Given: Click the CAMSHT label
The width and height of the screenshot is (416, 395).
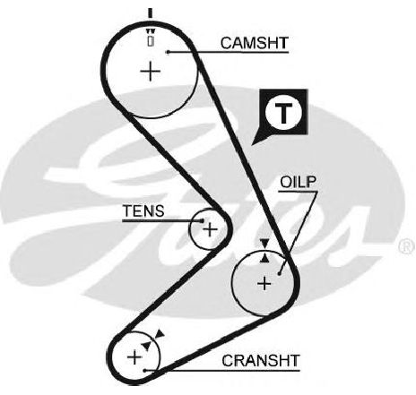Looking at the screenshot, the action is [x=255, y=43].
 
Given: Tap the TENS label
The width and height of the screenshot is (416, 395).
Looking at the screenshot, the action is [x=143, y=210].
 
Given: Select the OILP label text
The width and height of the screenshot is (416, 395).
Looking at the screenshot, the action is [x=298, y=182].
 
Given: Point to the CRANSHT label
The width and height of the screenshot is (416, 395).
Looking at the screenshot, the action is [x=261, y=360].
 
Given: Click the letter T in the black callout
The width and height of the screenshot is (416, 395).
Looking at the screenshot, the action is [x=284, y=113].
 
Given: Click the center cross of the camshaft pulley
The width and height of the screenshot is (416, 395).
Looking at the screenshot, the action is [x=151, y=71].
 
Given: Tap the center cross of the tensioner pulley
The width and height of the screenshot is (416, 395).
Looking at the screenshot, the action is [x=211, y=229].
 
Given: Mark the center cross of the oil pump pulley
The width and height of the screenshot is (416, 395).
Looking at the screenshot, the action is [x=264, y=283].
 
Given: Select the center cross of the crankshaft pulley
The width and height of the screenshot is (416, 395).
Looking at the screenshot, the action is [x=134, y=357].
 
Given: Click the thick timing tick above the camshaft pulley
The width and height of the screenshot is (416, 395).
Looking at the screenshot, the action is [x=151, y=13].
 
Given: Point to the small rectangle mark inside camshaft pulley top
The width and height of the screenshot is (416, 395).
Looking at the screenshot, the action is [x=151, y=40].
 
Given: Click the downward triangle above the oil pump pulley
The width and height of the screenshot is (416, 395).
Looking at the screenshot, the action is [x=264, y=244].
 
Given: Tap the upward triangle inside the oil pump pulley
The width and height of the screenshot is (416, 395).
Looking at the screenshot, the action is [x=264, y=258].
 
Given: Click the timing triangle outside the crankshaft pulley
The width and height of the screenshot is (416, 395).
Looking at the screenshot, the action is [x=160, y=334].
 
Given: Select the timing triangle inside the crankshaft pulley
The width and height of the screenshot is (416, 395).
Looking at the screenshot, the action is [x=146, y=346].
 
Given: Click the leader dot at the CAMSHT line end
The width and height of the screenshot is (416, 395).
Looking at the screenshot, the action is [x=169, y=52].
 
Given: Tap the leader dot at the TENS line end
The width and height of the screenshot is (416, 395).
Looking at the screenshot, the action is [x=203, y=221].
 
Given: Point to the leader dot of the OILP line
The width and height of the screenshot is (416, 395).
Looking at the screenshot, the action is [x=279, y=273].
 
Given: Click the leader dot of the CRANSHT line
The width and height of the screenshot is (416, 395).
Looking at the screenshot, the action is [x=144, y=371].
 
